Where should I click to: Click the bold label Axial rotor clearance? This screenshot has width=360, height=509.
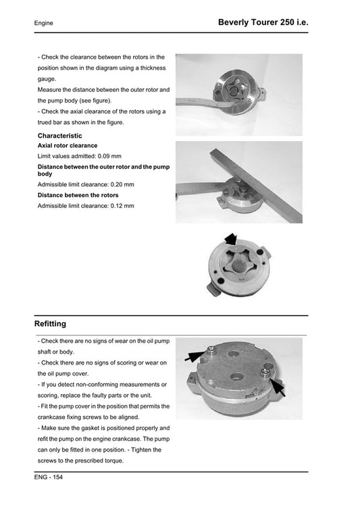tap(68, 146)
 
